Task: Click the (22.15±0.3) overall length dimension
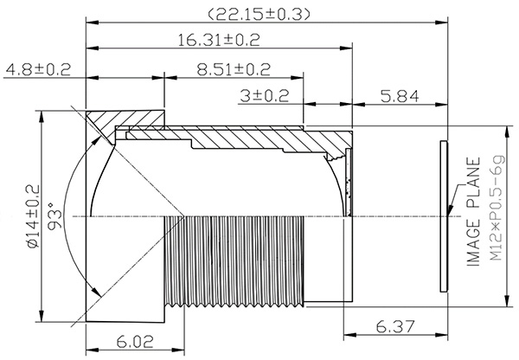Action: pos(259,14)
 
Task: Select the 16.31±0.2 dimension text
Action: pos(219,40)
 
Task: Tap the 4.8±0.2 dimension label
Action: pos(38,69)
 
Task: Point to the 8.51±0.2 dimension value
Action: pos(234,69)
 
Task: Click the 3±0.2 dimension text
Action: pos(265,96)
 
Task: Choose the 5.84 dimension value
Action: pos(400,96)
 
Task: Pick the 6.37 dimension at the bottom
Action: pos(395,327)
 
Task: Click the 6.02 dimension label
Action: pos(135,342)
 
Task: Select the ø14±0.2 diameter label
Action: pos(33,216)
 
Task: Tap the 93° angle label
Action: pos(55,216)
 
